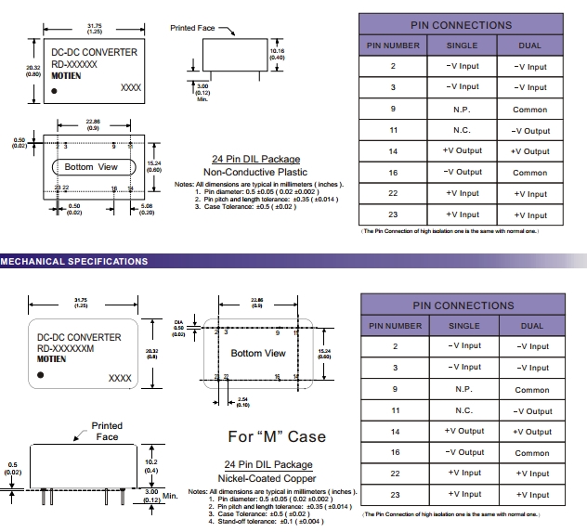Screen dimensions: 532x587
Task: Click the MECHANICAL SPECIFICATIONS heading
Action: pos(73,262)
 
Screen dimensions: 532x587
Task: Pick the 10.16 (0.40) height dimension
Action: pos(277,54)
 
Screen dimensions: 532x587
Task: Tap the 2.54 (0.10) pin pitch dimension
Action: pos(242,403)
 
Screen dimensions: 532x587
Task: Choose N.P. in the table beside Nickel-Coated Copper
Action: pos(463,389)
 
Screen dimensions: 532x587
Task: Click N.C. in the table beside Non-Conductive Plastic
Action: pos(463,130)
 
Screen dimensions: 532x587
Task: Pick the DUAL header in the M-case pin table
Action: pos(531,326)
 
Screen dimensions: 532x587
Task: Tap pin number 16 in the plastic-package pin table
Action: pos(393,173)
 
